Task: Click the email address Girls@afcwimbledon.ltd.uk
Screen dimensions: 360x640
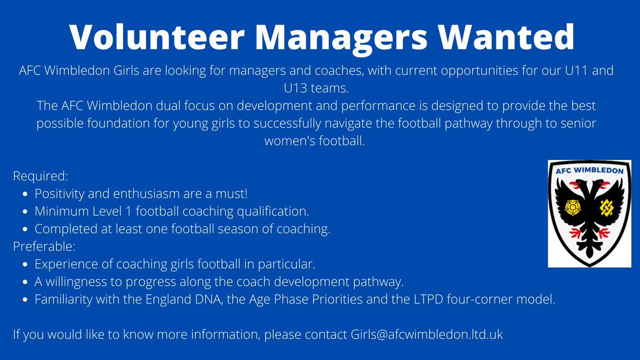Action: [x=427, y=335]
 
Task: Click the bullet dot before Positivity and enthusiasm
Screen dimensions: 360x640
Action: [x=26, y=194]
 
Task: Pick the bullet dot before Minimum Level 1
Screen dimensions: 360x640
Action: [x=26, y=212]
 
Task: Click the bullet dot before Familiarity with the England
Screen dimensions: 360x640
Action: [x=26, y=300]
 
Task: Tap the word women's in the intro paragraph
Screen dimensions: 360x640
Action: [x=287, y=141]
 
